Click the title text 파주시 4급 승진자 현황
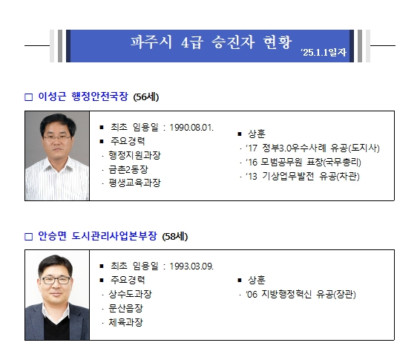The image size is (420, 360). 211,42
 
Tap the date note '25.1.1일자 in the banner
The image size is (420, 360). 324,52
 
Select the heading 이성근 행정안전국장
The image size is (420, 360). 83,96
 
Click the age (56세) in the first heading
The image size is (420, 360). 146,97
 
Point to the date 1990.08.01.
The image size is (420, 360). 191,128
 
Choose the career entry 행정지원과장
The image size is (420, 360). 134,155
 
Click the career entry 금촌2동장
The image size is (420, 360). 128,169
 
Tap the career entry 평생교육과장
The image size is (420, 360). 134,183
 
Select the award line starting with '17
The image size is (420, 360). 312,148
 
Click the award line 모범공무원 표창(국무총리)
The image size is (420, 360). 303,162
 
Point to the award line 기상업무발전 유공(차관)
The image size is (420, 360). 303,176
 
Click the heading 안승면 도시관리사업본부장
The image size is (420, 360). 97,236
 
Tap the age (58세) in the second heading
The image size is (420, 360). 175,237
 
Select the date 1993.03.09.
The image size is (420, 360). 191,266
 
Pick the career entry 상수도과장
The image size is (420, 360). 130,294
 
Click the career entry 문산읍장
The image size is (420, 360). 125,308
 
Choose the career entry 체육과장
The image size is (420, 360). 125,322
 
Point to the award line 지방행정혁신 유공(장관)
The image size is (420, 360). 301,294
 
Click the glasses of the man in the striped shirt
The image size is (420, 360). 57,138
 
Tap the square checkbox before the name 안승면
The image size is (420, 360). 28,237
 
